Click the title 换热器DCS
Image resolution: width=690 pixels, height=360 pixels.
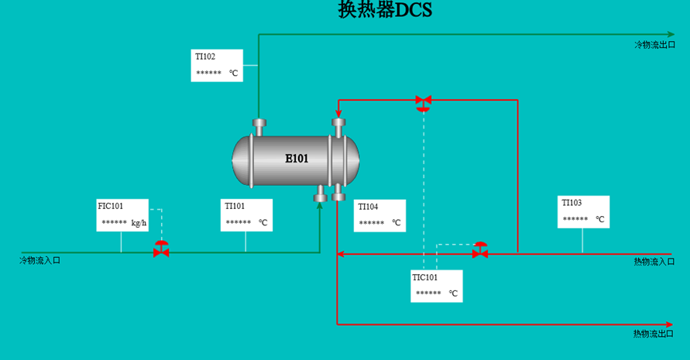click(x=385, y=9)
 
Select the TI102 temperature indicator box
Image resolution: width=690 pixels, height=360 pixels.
click(x=217, y=66)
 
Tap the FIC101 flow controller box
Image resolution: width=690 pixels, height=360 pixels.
click(x=122, y=215)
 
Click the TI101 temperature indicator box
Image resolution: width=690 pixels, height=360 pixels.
click(x=246, y=215)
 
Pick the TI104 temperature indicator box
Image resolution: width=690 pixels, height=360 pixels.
click(x=379, y=216)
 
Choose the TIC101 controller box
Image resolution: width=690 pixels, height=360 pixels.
click(x=437, y=286)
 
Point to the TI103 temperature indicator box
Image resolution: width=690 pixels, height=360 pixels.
click(x=583, y=211)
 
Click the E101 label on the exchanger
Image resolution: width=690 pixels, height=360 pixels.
click(x=297, y=159)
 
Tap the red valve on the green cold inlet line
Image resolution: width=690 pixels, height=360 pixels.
click(x=162, y=249)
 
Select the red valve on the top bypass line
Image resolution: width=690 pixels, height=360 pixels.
click(x=424, y=103)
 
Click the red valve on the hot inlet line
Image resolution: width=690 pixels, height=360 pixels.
click(x=480, y=250)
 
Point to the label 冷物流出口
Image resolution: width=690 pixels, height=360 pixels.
click(x=655, y=45)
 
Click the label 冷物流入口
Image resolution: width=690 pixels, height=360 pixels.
click(x=39, y=261)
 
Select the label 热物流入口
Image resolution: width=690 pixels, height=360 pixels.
click(x=654, y=262)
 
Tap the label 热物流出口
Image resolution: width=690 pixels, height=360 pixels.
click(x=654, y=334)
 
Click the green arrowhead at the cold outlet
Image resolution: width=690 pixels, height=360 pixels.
click(x=671, y=34)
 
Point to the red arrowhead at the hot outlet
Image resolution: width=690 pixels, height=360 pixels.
click(x=669, y=325)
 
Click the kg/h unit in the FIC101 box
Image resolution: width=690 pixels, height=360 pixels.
click(x=139, y=223)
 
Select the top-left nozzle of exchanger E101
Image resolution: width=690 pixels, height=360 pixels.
click(x=259, y=128)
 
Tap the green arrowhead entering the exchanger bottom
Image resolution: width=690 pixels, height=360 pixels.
click(x=320, y=205)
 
